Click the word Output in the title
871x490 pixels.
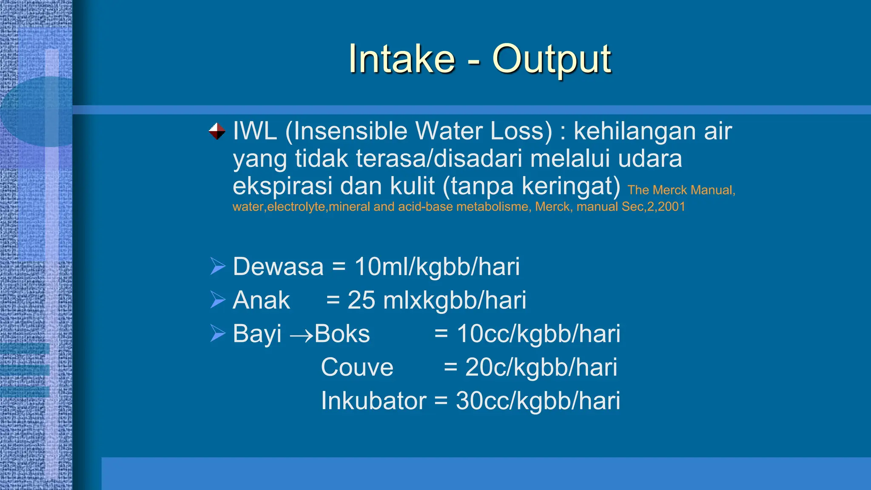552,59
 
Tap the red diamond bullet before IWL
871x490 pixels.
217,131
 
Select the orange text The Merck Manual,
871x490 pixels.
681,190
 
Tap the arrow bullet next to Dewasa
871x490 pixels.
217,267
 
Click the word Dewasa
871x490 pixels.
278,267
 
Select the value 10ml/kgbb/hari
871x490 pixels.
437,267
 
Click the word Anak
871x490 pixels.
261,300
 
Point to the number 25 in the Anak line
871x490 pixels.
361,300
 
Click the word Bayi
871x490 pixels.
257,334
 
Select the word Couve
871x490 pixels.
357,367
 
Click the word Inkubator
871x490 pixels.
373,401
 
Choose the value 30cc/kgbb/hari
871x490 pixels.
538,401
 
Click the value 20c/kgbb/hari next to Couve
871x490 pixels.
541,367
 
